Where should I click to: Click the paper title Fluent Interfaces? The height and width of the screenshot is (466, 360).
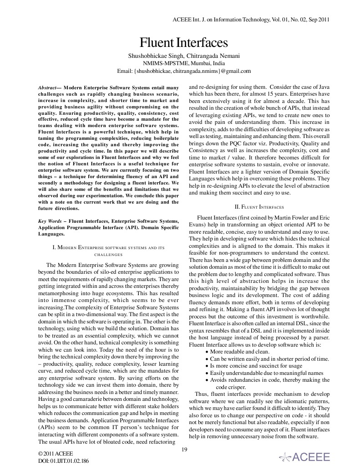(183, 43)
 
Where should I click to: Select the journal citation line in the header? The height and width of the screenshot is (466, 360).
(251, 20)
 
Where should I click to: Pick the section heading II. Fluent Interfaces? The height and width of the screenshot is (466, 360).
(259, 206)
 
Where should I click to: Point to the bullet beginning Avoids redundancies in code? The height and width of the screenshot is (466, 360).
(269, 379)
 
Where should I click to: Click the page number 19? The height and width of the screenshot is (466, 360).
(184, 450)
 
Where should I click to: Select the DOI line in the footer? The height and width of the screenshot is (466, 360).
(64, 461)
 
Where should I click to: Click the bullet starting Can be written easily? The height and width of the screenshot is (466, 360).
(269, 359)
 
